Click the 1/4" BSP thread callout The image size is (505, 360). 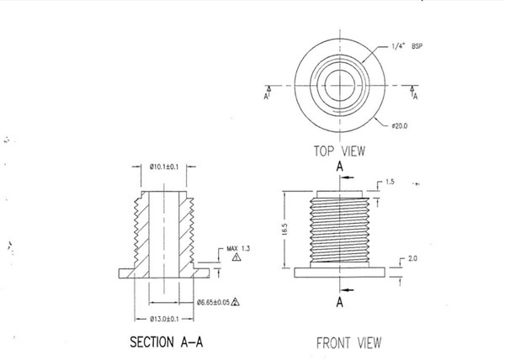407,46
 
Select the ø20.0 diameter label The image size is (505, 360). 399,126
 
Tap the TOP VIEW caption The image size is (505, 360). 339,151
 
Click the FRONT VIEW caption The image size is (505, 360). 348,343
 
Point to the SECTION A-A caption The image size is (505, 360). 166,341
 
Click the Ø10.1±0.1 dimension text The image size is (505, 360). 163,167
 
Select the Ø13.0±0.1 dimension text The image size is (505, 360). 164,319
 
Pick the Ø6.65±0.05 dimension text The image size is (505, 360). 213,302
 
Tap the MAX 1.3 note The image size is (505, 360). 238,248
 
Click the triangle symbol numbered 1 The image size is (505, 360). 237,257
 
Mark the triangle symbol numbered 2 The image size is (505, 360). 235,302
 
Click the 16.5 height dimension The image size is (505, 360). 285,230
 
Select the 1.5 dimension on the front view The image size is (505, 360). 390,182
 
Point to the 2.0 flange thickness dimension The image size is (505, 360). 412,258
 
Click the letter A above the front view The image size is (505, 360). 340,167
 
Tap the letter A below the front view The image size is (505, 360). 340,302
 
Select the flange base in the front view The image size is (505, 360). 339,273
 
